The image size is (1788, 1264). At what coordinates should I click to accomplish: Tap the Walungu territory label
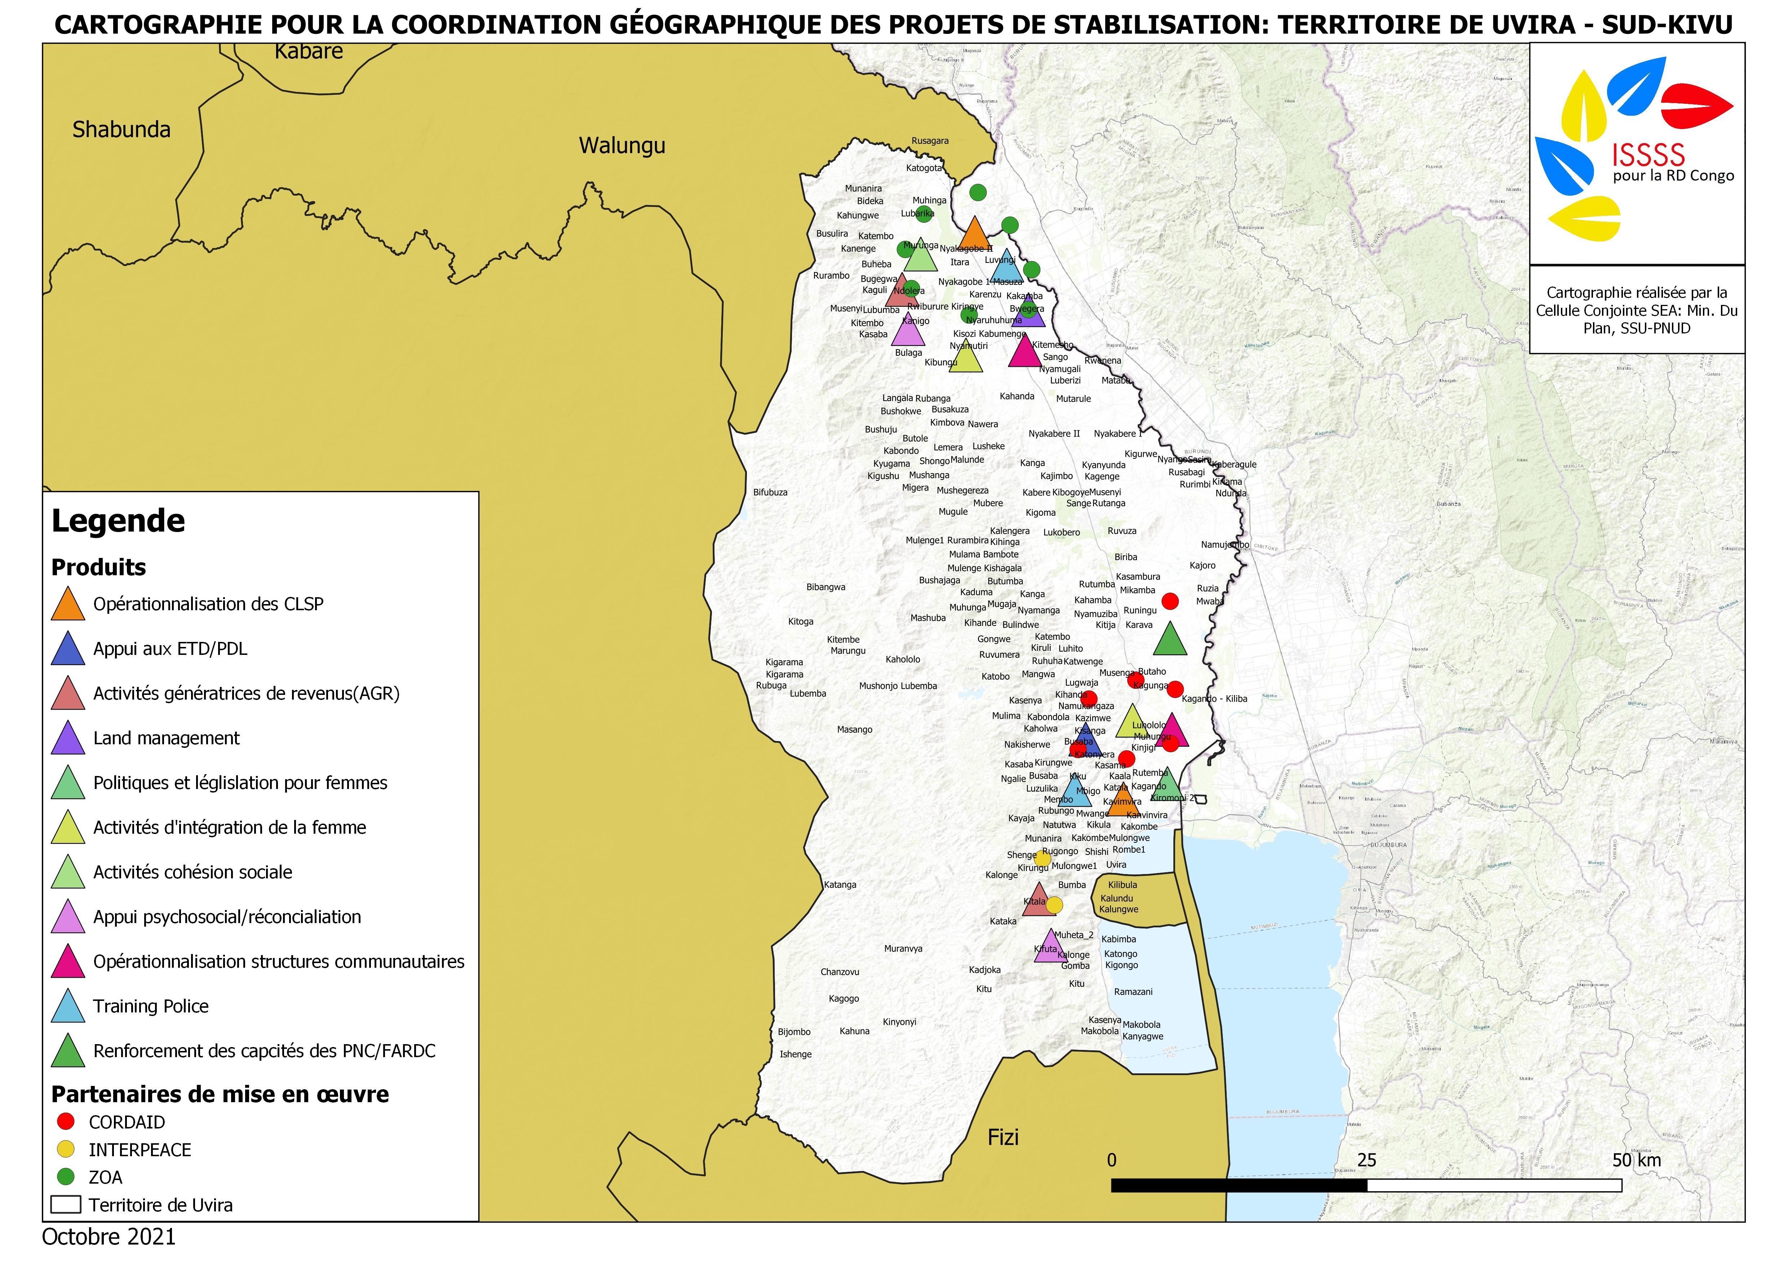621,146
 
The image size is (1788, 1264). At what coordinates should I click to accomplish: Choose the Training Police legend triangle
68,1007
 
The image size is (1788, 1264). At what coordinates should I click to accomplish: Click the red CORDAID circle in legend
66,1122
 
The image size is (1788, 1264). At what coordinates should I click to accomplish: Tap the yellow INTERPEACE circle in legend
66,1149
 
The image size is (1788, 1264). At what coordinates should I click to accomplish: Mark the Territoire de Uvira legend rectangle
66,1205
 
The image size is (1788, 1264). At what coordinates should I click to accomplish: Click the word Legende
118,521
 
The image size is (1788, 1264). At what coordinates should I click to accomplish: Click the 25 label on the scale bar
1367,1161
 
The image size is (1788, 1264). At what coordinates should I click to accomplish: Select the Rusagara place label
930,141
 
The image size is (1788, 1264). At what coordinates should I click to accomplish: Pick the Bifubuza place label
770,492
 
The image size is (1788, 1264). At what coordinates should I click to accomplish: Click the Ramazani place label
1133,992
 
